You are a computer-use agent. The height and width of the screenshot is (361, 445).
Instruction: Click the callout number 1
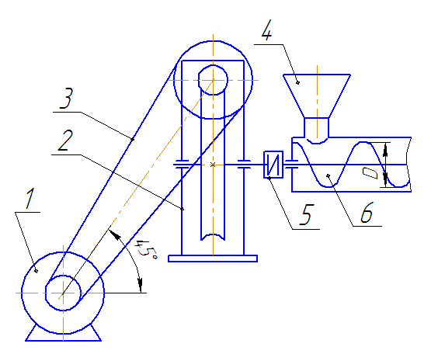click(30, 199)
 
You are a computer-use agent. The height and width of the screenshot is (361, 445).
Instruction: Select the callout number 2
click(65, 141)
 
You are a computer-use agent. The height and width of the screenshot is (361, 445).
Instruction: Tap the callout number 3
click(66, 98)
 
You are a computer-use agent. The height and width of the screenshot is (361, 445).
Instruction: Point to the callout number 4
click(266, 30)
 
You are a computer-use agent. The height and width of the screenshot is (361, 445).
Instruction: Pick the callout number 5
click(307, 214)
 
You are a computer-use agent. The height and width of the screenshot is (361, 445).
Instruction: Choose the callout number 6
click(367, 213)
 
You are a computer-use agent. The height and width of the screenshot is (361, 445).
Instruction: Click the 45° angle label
click(145, 250)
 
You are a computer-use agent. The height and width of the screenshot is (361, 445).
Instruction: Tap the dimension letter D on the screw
click(370, 173)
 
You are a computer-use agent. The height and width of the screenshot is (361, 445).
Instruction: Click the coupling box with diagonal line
click(273, 165)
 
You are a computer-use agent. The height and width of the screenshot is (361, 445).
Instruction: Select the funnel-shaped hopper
click(317, 96)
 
